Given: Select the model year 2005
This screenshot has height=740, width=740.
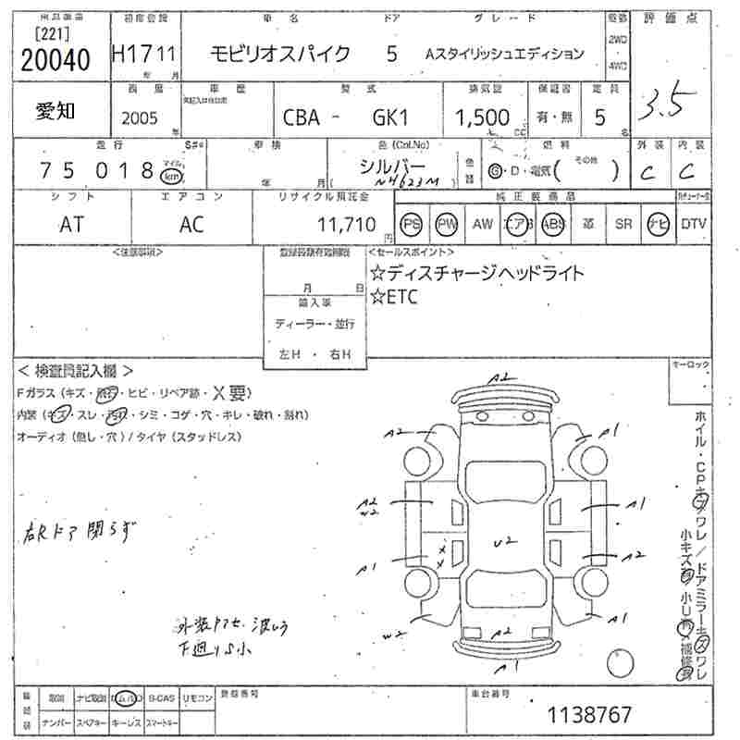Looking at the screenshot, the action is point(140,117).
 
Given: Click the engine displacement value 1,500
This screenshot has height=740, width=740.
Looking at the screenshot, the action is point(483,117).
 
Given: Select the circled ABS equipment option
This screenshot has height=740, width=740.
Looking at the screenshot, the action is point(552,224).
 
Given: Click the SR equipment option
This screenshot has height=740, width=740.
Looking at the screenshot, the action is point(624,224).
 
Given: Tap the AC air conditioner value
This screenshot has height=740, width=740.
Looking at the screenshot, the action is point(191,224).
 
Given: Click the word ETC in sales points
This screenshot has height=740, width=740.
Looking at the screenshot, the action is point(401,296).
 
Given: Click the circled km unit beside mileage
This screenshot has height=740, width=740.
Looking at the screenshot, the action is point(170,176).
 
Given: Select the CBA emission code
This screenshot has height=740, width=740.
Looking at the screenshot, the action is point(302,117).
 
